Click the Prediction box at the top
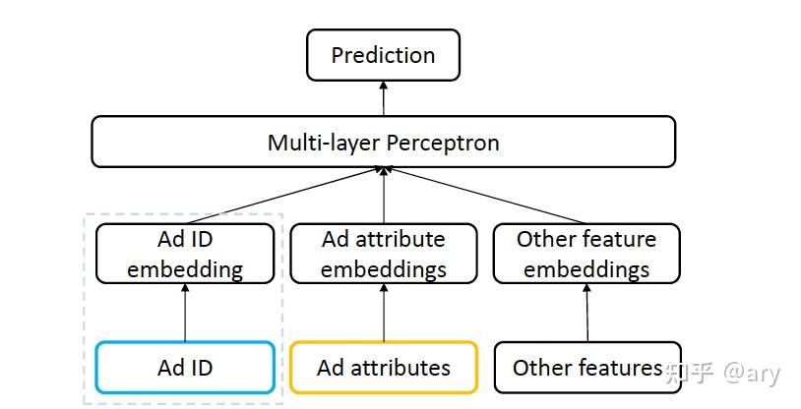click(x=383, y=55)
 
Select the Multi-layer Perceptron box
click(x=383, y=143)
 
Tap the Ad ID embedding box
click(x=185, y=254)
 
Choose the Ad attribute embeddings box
click(x=383, y=254)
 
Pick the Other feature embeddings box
click(x=585, y=254)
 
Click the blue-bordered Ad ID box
click(x=185, y=368)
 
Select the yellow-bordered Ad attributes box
click(x=383, y=368)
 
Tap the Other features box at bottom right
click(x=586, y=368)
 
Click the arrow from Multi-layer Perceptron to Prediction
click(x=383, y=98)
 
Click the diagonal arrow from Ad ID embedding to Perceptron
click(x=285, y=196)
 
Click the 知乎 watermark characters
click(x=689, y=373)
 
